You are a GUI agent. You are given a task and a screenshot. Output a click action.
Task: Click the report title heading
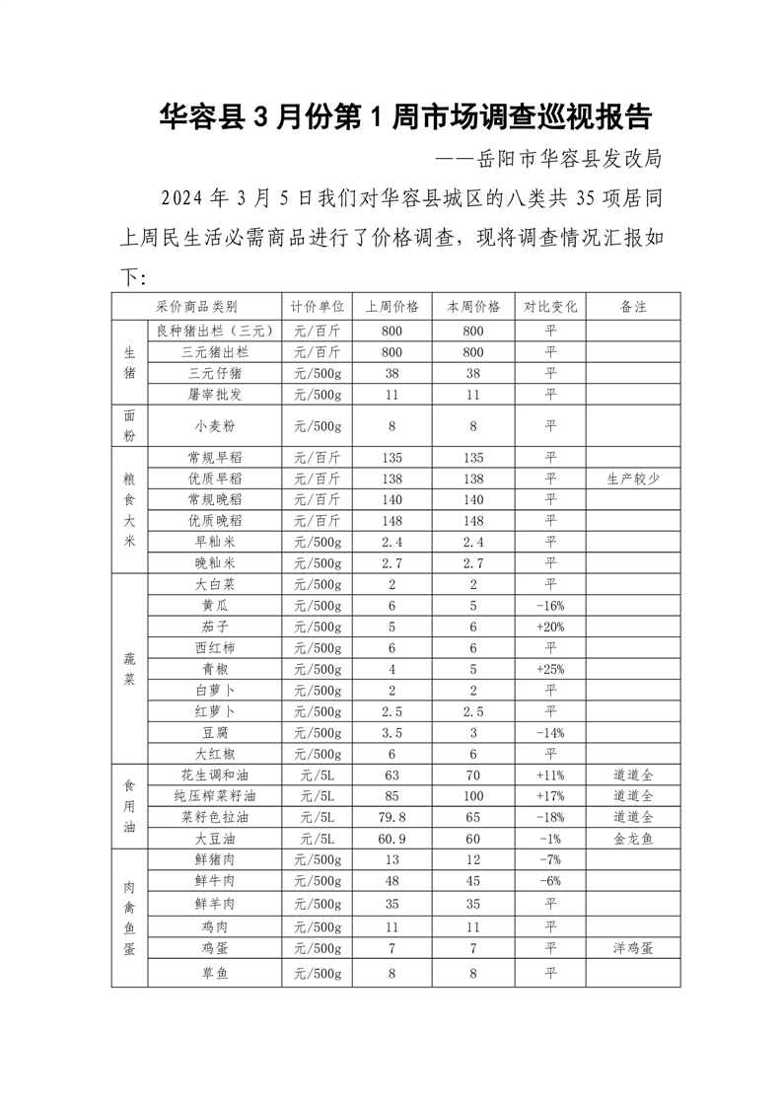pos(405,118)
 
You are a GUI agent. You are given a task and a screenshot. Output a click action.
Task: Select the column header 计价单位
pos(317,307)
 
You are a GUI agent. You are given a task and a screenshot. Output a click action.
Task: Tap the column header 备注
pos(633,307)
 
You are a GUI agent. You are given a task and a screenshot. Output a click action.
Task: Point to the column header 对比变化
pos(550,307)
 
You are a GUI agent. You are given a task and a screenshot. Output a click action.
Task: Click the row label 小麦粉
pos(214,426)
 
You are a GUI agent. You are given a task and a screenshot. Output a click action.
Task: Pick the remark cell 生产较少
pos(633,479)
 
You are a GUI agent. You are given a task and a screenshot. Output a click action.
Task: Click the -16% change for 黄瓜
pos(550,606)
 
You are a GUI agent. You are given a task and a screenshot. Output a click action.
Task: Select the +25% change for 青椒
pos(550,669)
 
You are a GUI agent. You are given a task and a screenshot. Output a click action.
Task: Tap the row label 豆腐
pos(214,733)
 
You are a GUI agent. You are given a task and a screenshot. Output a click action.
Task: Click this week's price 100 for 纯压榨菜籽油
pos(473,796)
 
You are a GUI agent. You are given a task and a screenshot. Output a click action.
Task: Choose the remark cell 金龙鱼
pos(633,839)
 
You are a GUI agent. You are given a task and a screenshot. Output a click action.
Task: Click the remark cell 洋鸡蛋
pos(633,948)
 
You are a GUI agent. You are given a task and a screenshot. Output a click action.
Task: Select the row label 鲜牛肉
pos(214,881)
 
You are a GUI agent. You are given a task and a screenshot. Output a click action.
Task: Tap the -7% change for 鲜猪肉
pos(550,859)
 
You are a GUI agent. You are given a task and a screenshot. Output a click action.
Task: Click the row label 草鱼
pos(214,974)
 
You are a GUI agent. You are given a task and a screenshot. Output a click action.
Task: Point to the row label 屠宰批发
pos(214,395)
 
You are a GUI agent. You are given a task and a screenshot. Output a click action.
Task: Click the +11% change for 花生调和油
pos(550,775)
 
